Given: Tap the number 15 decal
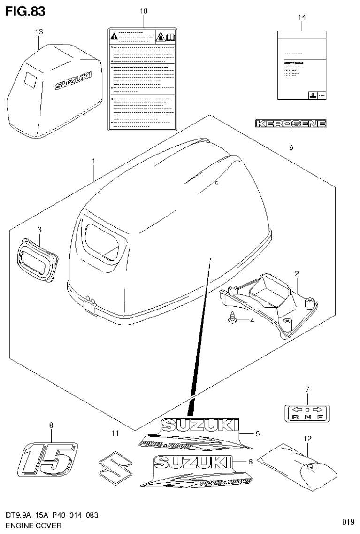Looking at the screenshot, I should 46,457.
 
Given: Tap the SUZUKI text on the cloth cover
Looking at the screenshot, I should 74,80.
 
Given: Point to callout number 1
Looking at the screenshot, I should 94,162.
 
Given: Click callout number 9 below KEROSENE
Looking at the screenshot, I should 291,147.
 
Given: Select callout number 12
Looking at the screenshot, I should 307,439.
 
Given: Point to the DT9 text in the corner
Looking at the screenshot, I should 347,522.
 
